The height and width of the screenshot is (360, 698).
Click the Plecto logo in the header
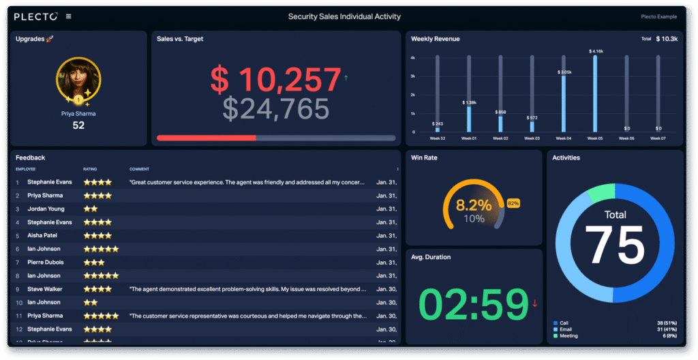(x=35, y=16)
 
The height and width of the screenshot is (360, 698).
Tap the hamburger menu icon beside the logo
(x=68, y=16)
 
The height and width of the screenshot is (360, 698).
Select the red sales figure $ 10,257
(x=275, y=80)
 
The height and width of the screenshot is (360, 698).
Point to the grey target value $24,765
(x=276, y=109)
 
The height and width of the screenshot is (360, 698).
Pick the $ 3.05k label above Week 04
(x=564, y=72)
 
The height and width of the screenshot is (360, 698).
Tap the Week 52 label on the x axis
(x=437, y=138)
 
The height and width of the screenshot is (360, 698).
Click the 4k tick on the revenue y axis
(x=413, y=58)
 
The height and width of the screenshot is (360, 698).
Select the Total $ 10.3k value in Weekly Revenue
(x=666, y=39)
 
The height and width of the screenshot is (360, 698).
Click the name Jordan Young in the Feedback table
(x=46, y=209)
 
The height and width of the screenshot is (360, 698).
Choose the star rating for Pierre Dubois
(x=93, y=262)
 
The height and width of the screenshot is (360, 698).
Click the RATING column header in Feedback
(x=90, y=169)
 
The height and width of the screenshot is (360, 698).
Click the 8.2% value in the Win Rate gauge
(x=474, y=205)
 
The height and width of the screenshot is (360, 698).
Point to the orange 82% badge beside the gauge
(x=513, y=203)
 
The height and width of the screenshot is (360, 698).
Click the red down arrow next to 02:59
(x=535, y=303)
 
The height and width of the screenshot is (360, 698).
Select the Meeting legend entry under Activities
(x=569, y=335)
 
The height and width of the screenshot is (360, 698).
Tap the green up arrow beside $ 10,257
(x=346, y=78)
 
